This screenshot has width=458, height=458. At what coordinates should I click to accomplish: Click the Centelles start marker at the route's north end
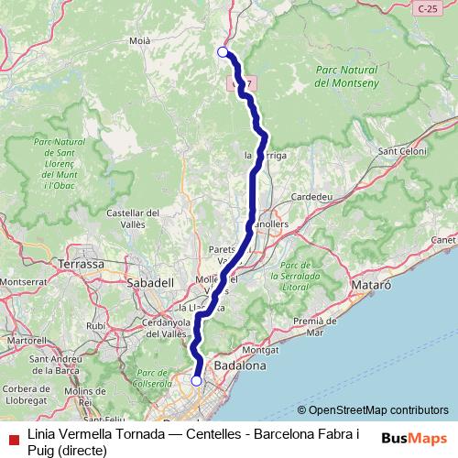click(223, 52)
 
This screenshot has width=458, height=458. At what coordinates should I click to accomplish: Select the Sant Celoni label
click(399, 151)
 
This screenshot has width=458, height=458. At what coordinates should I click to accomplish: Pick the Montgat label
click(261, 350)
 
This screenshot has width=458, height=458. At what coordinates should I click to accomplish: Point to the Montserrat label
click(26, 282)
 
